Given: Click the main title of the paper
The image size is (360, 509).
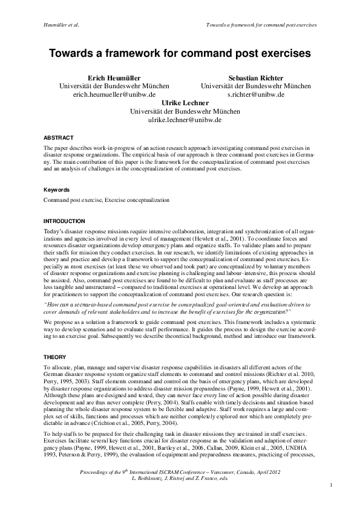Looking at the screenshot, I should (x=180, y=53).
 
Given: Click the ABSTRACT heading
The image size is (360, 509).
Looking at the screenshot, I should (x=59, y=138).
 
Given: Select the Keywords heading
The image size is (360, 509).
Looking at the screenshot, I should (x=57, y=189).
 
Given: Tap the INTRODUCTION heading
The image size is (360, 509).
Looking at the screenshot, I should (x=65, y=221).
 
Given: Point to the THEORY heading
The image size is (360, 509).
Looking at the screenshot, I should (x=56, y=357).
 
